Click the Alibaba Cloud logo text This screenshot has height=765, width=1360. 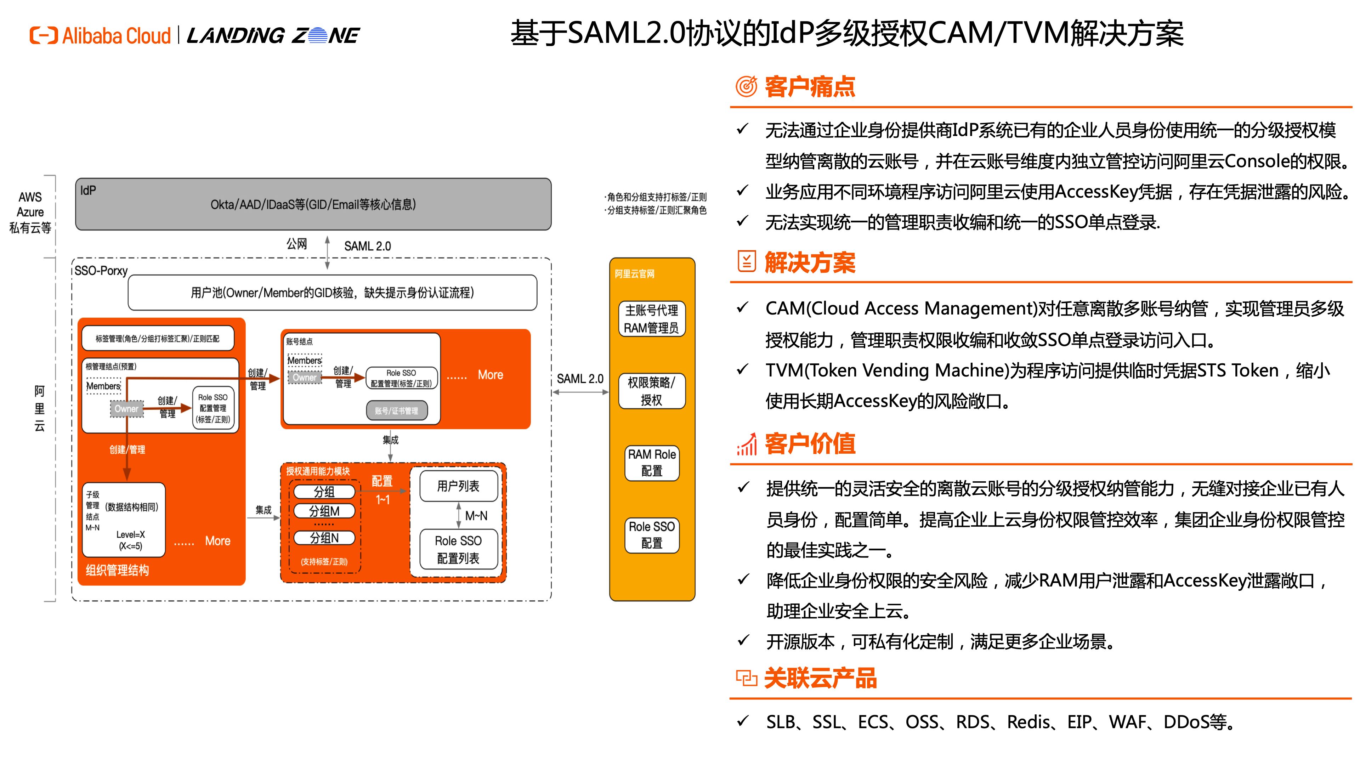pyautogui.click(x=117, y=36)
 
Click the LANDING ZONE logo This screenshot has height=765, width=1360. pyautogui.click(x=273, y=36)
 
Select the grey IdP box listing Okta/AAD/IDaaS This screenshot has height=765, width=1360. pyautogui.click(x=313, y=204)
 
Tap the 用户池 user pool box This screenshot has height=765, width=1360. pyautogui.click(x=332, y=293)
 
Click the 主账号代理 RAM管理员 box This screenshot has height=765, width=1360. pyautogui.click(x=652, y=319)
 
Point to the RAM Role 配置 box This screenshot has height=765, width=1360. pyautogui.click(x=652, y=463)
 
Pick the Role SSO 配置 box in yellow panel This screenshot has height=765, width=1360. pyautogui.click(x=652, y=535)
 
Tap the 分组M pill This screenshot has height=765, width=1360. pyautogui.click(x=324, y=511)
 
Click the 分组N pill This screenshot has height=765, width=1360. pyautogui.click(x=324, y=538)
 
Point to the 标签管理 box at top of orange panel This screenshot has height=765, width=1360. pyautogui.click(x=157, y=339)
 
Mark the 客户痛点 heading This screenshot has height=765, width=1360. pyautogui.click(x=809, y=86)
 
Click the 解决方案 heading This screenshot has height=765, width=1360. pyautogui.click(x=809, y=262)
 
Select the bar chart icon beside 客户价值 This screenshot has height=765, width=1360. pyautogui.click(x=747, y=444)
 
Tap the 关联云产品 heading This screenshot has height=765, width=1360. pyautogui.click(x=820, y=679)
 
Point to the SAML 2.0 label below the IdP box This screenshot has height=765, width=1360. pyautogui.click(x=368, y=246)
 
